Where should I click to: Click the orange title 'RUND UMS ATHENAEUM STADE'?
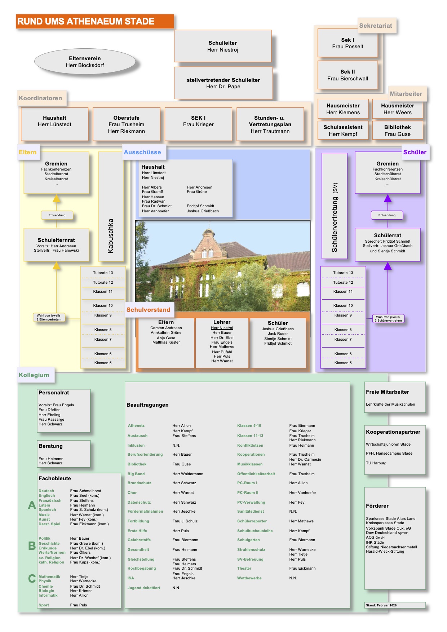click(x=86, y=22)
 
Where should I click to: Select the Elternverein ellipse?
click(x=85, y=62)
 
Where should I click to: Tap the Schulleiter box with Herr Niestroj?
click(x=223, y=46)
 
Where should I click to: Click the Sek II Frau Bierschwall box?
click(x=348, y=75)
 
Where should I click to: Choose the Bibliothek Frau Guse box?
click(x=397, y=131)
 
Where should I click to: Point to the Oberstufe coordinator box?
click(x=126, y=124)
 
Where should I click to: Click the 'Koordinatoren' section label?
click(x=41, y=98)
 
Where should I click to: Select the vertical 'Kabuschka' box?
click(x=111, y=206)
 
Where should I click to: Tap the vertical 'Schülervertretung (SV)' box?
click(x=335, y=206)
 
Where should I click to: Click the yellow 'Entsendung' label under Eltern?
click(x=57, y=215)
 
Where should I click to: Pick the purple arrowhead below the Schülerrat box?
click(x=388, y=266)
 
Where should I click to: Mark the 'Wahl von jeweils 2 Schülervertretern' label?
click(x=388, y=319)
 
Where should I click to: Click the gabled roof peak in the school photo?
click(x=209, y=231)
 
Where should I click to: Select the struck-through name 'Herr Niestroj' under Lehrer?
click(x=222, y=328)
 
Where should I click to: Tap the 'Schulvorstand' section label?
click(x=148, y=310)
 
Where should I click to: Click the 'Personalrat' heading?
click(x=54, y=393)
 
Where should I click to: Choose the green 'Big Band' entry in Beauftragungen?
click(x=136, y=474)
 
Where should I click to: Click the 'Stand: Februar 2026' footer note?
click(x=381, y=605)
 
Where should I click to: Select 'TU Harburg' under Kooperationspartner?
click(x=376, y=463)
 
